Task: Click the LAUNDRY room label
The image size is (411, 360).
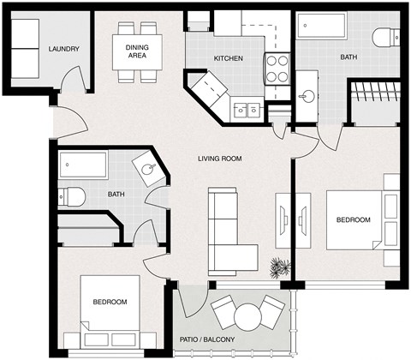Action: (x=64, y=49)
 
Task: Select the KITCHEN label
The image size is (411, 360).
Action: (x=229, y=58)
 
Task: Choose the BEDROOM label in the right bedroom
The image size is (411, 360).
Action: (x=353, y=220)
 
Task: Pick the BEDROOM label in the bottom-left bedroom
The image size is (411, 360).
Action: (x=110, y=302)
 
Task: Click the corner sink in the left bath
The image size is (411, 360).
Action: (x=149, y=168)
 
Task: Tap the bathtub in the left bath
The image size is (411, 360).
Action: (x=83, y=165)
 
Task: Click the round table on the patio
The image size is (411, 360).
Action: (x=247, y=316)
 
